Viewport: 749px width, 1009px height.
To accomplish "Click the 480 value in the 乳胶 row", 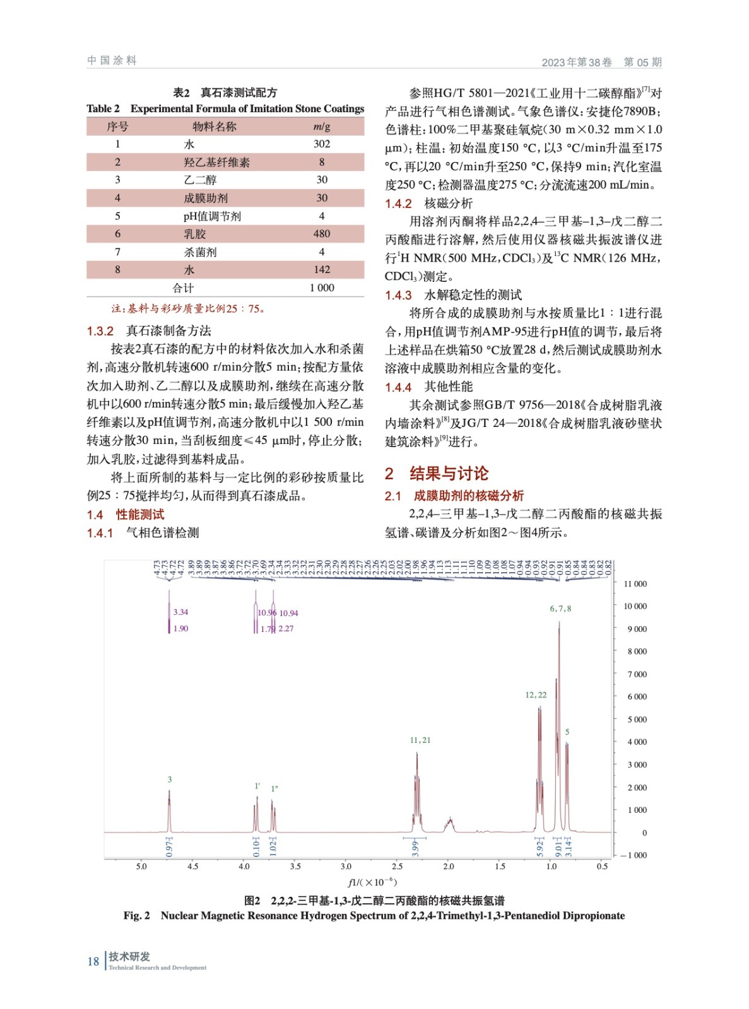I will tap(321, 233).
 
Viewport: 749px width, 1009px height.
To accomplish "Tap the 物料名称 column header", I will tap(214, 126).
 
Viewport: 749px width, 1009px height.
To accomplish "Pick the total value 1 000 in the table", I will tap(321, 288).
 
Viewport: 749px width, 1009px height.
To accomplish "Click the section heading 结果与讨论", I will tap(449, 473).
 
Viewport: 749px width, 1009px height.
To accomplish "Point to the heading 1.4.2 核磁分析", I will tap(428, 203).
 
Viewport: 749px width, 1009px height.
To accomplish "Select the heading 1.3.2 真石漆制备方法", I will tap(149, 330).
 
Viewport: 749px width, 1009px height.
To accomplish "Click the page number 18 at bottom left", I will tap(93, 961).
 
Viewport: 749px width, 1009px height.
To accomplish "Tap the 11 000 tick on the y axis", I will tap(635, 584).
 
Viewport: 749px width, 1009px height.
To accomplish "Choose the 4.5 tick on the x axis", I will tap(192, 866).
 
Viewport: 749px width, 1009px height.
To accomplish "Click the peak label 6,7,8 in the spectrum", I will tap(560, 609).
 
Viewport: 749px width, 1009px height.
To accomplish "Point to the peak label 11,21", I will tap(420, 740).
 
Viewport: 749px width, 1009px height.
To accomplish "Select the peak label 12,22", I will tap(536, 695).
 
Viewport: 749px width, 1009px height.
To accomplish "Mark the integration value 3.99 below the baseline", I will tap(415, 848).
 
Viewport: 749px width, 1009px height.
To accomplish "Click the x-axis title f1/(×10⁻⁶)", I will tap(372, 882).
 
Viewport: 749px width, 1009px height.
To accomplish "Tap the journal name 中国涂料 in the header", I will tap(112, 61).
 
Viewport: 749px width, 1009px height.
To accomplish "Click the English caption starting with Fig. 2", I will tap(374, 916).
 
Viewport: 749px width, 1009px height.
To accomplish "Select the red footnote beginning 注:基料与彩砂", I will tap(188, 308).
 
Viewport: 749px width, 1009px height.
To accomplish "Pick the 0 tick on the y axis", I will tap(644, 832).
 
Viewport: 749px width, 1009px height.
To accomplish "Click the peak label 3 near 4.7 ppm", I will tap(169, 779).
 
